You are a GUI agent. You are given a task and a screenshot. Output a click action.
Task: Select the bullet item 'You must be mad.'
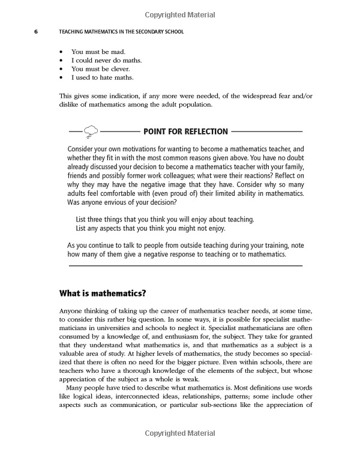98,52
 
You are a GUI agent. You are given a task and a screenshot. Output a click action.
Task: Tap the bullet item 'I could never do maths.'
106,60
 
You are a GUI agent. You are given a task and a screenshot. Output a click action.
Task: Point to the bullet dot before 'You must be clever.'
62,69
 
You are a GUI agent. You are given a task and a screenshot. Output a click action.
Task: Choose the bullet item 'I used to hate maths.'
102,77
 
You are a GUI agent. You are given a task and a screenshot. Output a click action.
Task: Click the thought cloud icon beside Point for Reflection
91,131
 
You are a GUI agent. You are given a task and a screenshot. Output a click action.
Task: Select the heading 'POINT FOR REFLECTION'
186,131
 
